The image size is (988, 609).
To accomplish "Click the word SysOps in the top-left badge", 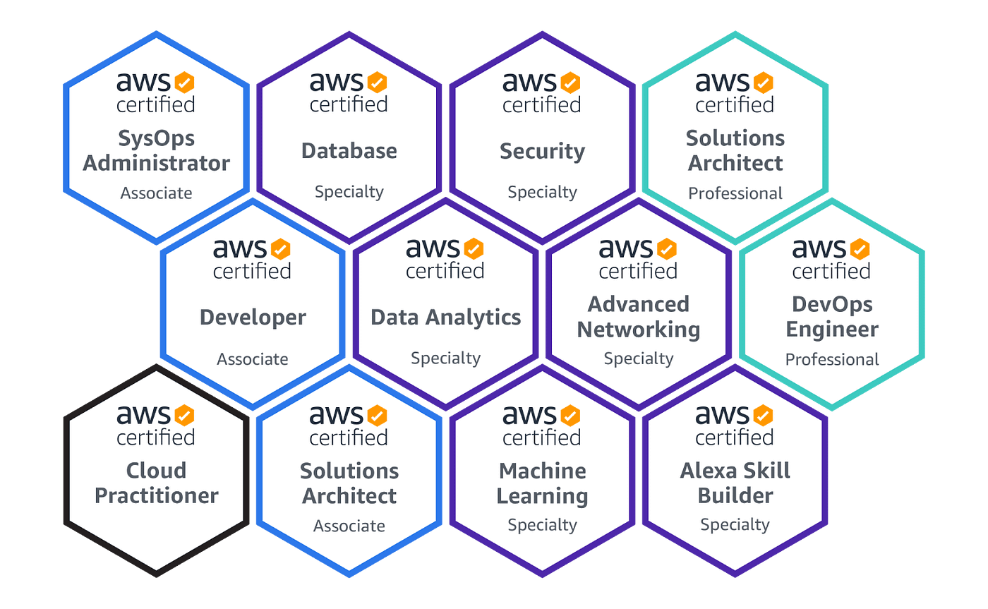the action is coord(156,138).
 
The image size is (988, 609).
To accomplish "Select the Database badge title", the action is coord(349,150).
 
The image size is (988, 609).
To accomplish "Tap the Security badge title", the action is coord(542,151).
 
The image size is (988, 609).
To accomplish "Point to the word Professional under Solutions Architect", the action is coord(735,193).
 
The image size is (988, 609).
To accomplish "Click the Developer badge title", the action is coord(253,317).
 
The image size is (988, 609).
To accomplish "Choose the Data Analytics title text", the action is coord(445,317).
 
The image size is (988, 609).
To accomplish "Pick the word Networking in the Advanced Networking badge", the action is coord(639,330).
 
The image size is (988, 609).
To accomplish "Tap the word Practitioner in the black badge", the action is coord(157,495).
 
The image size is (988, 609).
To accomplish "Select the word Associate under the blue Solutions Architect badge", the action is coord(349,526).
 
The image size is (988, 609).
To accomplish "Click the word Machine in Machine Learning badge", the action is coord(542,471).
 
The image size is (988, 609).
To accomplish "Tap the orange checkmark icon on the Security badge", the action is coord(570,83).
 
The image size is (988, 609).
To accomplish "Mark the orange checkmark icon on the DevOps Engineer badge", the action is coord(860,249).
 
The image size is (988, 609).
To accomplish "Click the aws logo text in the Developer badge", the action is coord(240,249).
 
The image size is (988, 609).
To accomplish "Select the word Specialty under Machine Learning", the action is coord(542,525).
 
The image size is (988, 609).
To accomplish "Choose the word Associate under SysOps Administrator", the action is coord(156,193).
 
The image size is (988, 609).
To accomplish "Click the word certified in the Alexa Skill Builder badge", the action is coord(735,438).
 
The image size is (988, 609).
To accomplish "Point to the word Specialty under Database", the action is coord(349,192).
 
